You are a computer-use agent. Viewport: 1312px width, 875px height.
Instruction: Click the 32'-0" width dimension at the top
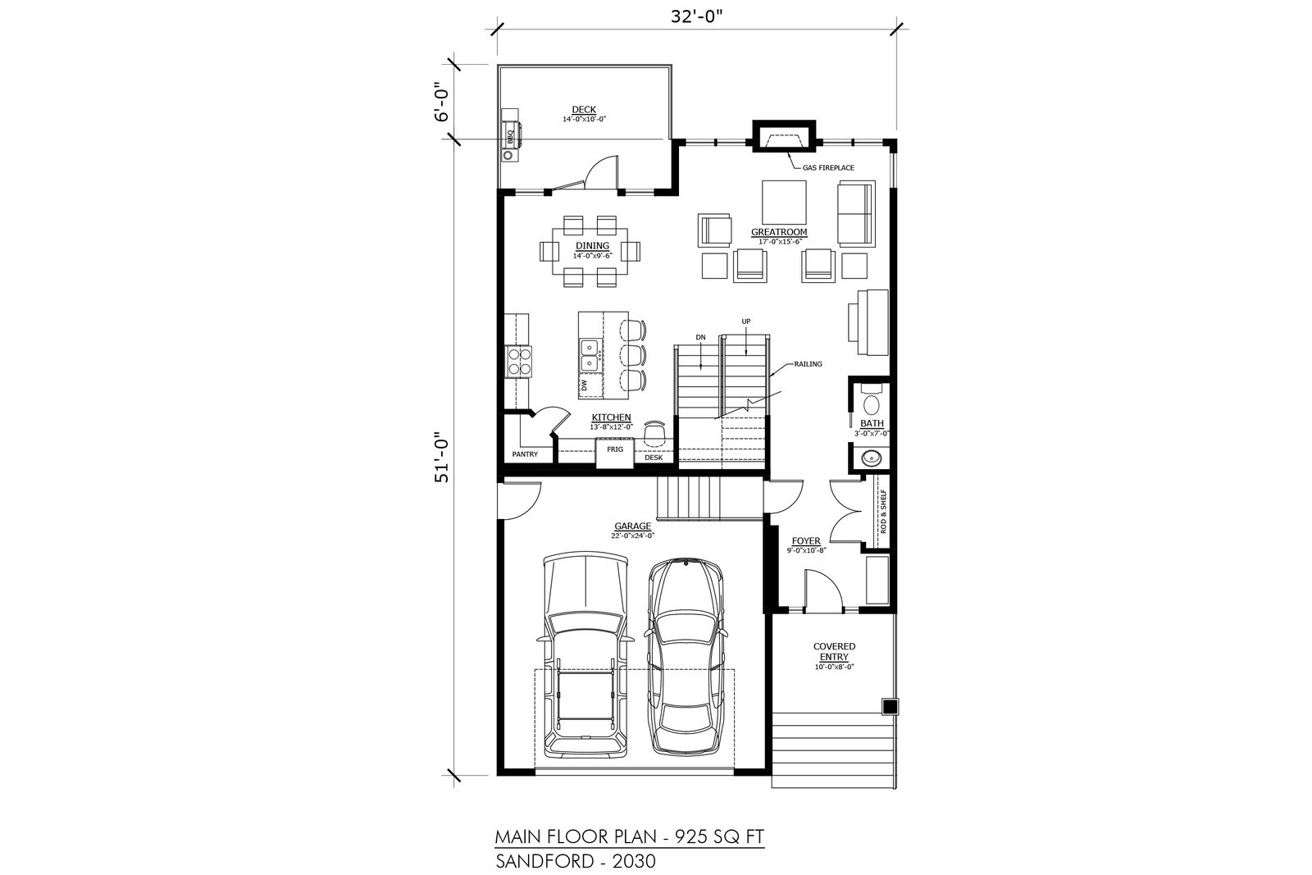[x=696, y=16]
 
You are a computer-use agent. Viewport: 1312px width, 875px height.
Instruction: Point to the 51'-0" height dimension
[x=442, y=458]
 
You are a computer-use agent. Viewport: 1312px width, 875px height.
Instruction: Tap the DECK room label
[x=583, y=110]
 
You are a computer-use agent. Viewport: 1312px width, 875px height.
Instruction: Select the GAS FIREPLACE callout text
[x=828, y=167]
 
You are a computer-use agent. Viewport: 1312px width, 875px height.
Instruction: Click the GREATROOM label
[x=779, y=232]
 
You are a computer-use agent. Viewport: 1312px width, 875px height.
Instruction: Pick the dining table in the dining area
[x=590, y=251]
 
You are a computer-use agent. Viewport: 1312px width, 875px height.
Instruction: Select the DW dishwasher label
[x=584, y=385]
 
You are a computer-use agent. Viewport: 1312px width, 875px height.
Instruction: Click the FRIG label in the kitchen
[x=615, y=449]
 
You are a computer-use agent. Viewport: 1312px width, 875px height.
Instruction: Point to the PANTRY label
[x=525, y=453]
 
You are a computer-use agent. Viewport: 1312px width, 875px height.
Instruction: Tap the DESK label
[x=654, y=458]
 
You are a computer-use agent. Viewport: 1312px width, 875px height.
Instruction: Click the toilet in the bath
[x=872, y=400]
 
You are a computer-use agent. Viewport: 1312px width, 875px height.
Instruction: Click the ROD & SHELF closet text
[x=883, y=511]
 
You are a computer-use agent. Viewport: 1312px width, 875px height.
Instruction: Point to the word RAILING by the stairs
[x=808, y=364]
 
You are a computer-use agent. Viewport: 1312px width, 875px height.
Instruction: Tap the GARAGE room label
[x=632, y=526]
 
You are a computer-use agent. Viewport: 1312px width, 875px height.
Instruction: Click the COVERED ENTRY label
[x=834, y=651]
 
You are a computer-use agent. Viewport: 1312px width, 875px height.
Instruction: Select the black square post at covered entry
[x=890, y=707]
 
